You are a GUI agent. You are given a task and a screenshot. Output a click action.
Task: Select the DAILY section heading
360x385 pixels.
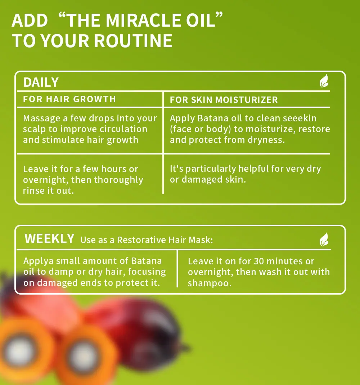pyautogui.click(x=41, y=82)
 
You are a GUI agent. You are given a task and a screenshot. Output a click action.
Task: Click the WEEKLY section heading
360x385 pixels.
pyautogui.click(x=49, y=239)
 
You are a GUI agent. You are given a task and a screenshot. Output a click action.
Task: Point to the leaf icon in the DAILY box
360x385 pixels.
pyautogui.click(x=324, y=81)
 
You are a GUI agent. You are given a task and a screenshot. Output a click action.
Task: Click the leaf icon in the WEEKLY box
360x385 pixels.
pyautogui.click(x=324, y=239)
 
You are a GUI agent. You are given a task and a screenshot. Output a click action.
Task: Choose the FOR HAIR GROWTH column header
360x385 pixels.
pyautogui.click(x=69, y=99)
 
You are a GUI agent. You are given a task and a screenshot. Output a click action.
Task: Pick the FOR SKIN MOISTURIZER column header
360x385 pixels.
pyautogui.click(x=224, y=100)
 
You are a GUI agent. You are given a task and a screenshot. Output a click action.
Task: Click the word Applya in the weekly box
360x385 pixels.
pyautogui.click(x=38, y=261)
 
